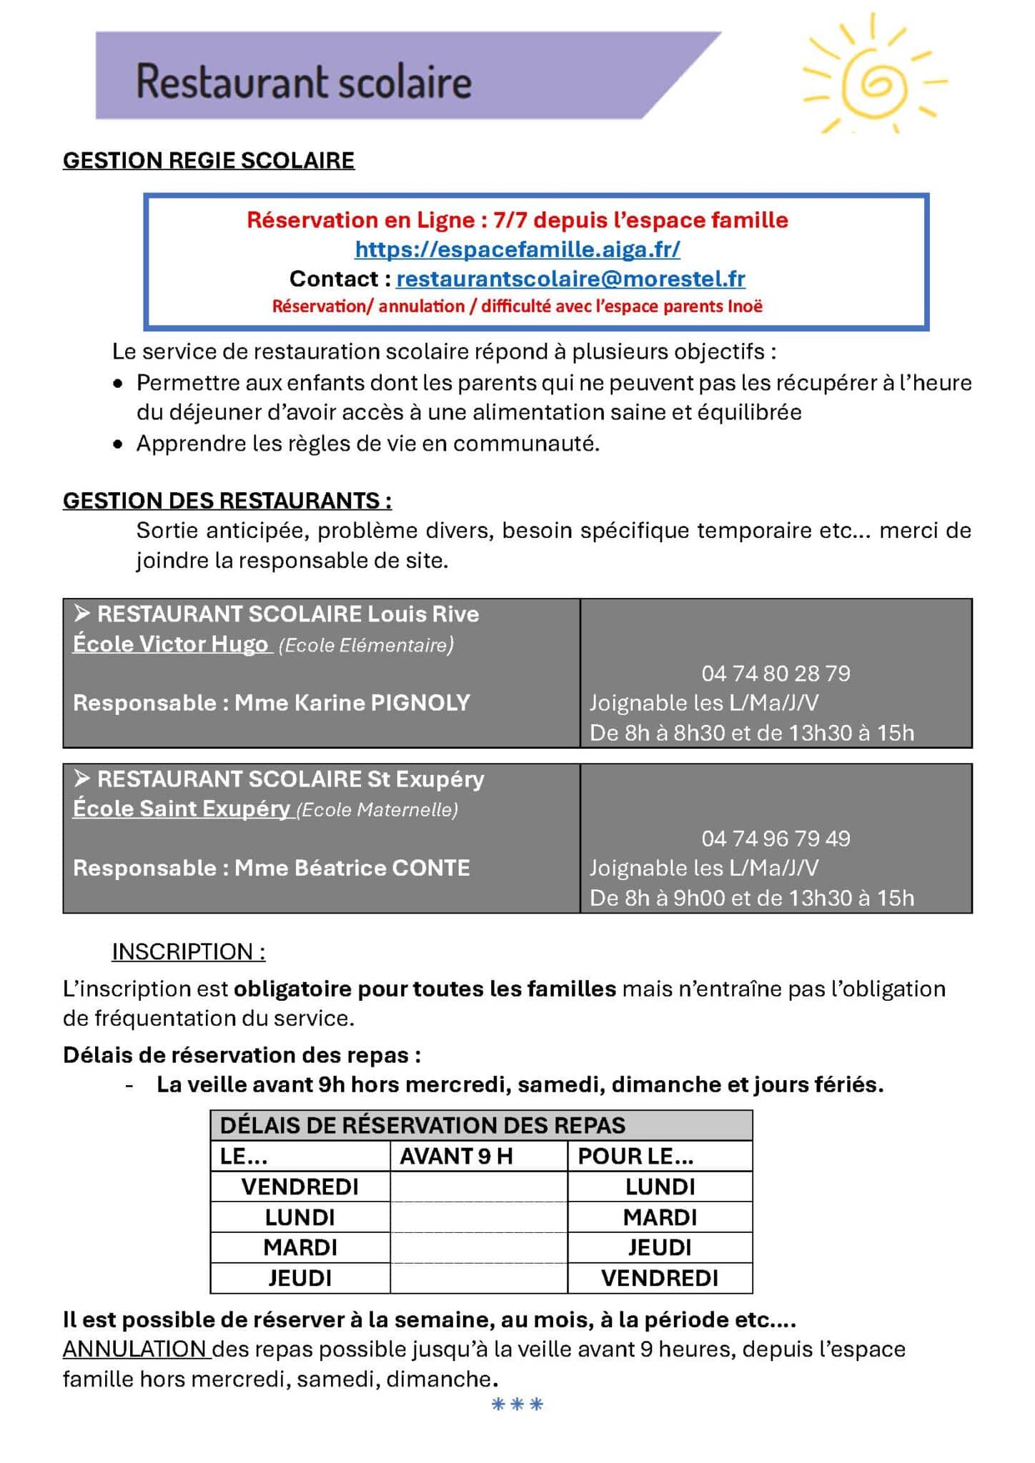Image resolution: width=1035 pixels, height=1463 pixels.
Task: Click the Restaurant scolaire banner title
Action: pos(304,81)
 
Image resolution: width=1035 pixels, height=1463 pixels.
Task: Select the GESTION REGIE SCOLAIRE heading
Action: pos(209,161)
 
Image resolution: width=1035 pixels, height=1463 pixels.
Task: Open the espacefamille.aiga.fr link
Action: pos(517,249)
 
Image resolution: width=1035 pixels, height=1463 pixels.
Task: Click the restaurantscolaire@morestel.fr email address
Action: pos(570,279)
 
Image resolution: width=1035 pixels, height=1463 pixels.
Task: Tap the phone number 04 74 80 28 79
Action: pos(776,674)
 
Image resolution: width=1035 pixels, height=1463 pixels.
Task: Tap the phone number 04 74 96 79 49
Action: pos(776,839)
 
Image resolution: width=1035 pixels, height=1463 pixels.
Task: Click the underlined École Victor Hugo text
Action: pos(170,644)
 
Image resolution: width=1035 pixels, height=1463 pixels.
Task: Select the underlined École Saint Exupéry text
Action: pos(181,809)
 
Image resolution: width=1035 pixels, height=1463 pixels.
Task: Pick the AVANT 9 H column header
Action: pos(456,1157)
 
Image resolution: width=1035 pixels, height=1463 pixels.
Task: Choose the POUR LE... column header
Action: pos(635,1157)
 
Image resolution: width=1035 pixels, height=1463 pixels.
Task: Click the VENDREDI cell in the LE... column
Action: pos(300,1187)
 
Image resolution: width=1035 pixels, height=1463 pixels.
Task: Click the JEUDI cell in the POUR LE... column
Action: pos(660,1247)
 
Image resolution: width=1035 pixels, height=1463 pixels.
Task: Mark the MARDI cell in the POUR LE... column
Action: pos(660,1217)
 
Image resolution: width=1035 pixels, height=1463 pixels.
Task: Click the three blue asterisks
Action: pos(517,1404)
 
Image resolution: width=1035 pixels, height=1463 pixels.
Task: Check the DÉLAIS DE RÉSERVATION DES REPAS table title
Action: pos(422,1126)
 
